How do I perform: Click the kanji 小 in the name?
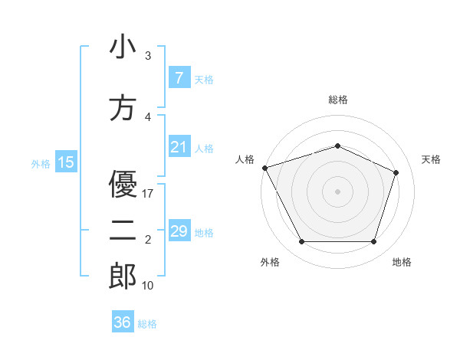point(123,47)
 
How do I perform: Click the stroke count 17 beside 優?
point(148,194)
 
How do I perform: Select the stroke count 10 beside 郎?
point(148,286)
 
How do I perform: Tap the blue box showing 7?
point(179,78)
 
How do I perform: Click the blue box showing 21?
point(179,147)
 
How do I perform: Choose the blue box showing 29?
point(179,231)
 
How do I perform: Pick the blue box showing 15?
point(65,162)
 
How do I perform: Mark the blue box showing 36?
point(122,322)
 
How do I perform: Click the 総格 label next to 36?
point(147,324)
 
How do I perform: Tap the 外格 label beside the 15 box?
point(41,163)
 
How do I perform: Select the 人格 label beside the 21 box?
point(204,148)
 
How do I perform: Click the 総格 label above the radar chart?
point(337,100)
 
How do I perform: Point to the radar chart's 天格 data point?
point(396,172)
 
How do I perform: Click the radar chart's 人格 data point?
point(264,168)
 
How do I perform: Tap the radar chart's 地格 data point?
point(373,242)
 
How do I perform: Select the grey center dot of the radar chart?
point(337,191)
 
